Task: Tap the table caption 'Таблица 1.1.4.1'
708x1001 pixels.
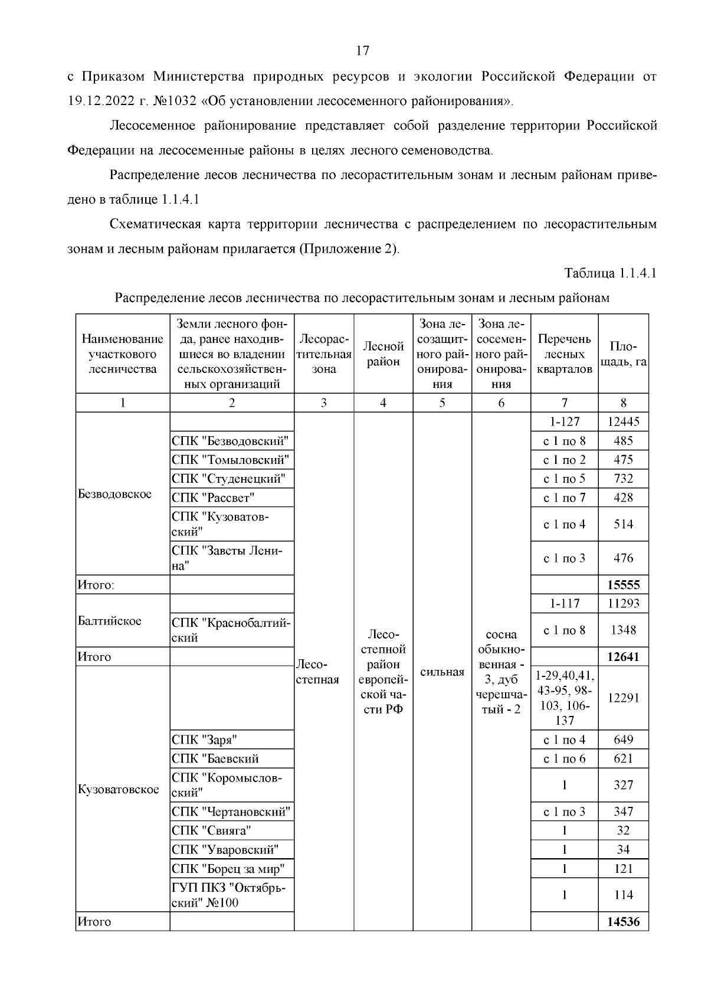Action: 610,273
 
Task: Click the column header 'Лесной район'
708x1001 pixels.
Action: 383,354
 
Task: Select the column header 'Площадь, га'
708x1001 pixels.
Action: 623,354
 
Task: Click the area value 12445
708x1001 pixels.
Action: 623,422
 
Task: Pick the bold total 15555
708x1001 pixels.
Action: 623,585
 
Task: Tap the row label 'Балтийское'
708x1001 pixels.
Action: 110,621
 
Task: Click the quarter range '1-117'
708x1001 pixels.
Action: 564,603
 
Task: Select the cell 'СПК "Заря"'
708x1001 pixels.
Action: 204,740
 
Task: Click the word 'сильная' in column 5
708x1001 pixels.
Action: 442,672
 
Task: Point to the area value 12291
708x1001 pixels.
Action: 623,698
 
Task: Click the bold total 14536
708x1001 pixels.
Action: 623,921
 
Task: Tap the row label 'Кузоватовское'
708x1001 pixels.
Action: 119,790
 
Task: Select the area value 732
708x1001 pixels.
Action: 623,479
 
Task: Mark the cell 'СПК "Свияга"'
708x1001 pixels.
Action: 211,830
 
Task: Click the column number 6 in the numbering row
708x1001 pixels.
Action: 501,403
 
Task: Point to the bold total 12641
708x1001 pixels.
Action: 623,657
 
